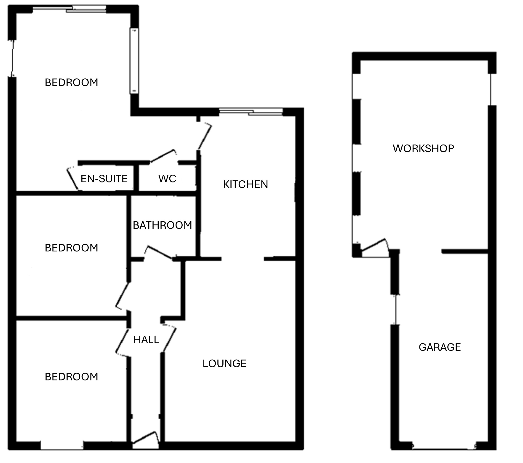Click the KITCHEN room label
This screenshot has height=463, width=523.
point(246,184)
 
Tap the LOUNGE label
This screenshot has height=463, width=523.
point(224,364)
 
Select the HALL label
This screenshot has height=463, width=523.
point(146,340)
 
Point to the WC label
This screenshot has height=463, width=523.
point(167,179)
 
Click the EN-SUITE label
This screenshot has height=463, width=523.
point(104,179)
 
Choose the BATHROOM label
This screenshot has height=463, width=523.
point(163,225)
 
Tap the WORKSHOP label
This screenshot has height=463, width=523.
point(424,148)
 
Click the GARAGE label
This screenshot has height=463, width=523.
point(440,347)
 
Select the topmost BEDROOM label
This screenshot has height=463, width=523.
point(71,82)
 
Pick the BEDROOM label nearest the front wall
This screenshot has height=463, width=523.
point(71,377)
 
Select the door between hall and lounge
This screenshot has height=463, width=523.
point(170,338)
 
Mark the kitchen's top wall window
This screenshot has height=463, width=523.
point(251,112)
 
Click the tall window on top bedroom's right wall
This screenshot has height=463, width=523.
point(134,61)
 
